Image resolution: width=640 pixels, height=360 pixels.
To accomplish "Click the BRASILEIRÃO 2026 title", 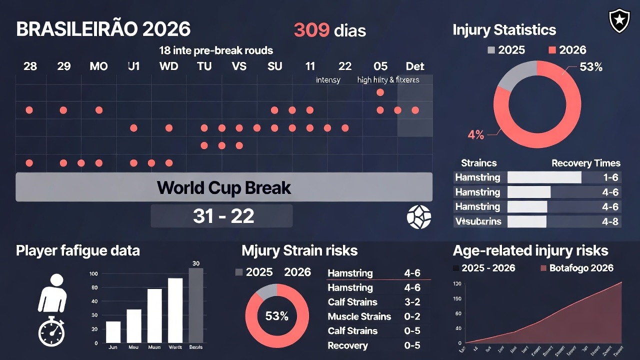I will [x=103, y=29].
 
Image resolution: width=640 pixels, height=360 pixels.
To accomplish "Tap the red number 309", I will [x=311, y=30].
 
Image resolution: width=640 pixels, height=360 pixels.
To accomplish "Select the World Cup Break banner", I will [x=224, y=187].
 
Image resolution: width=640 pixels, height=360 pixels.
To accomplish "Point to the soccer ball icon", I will [x=418, y=217].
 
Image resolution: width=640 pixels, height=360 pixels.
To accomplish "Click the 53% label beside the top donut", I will [x=590, y=67].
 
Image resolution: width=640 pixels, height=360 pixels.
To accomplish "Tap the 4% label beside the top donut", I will [x=475, y=134].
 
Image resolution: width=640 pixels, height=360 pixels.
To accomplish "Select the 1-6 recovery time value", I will [x=610, y=177].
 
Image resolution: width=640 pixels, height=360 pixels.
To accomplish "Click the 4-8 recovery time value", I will [x=610, y=221].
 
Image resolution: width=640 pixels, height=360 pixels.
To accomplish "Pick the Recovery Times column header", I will [x=585, y=163].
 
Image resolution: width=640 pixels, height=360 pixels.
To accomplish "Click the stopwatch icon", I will [x=51, y=331].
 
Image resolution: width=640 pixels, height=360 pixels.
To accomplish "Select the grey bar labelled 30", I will [x=196, y=305].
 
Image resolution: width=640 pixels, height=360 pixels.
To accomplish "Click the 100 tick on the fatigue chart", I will [x=93, y=274].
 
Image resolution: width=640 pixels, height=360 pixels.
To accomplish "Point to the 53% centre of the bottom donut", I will [x=276, y=316].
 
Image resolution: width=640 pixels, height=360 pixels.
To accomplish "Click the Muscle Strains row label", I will [x=359, y=316].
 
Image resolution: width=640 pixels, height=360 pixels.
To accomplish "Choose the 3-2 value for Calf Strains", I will [x=412, y=302].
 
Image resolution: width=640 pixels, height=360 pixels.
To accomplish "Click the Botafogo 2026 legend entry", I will [x=577, y=268].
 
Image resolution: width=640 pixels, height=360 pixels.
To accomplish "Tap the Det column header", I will [x=415, y=66].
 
